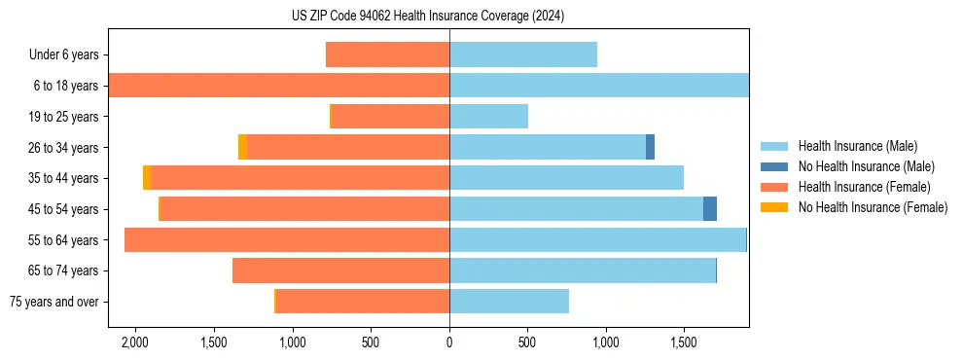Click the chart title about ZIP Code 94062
(428, 16)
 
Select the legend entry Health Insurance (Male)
(857, 146)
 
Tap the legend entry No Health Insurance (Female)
(873, 207)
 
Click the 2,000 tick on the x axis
(134, 342)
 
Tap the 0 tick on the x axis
(449, 342)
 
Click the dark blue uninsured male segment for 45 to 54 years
(710, 209)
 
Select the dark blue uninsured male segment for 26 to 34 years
(650, 147)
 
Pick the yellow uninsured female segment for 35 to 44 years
(147, 178)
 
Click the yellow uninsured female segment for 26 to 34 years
(242, 147)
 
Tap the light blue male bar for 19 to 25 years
(488, 117)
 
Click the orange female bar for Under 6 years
(387, 54)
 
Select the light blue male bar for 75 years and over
(509, 302)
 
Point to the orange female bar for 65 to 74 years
(340, 270)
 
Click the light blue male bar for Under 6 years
(523, 54)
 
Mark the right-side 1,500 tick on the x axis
(684, 342)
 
